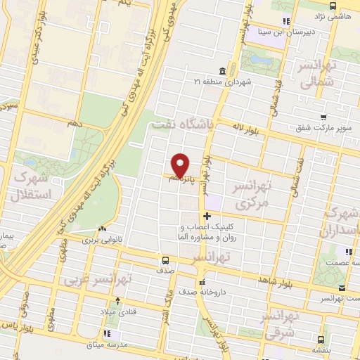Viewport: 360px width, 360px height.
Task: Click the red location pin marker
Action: pos(181,165)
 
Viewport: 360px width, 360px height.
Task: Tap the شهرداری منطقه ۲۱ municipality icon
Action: pos(222,71)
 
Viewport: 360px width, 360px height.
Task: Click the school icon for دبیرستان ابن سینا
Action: pos(285,21)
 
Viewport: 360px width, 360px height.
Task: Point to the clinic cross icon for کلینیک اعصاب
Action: pos(207,216)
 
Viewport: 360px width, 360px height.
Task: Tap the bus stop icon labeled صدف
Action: pos(165,259)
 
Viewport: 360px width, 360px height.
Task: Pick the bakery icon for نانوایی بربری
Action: pos(103,229)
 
